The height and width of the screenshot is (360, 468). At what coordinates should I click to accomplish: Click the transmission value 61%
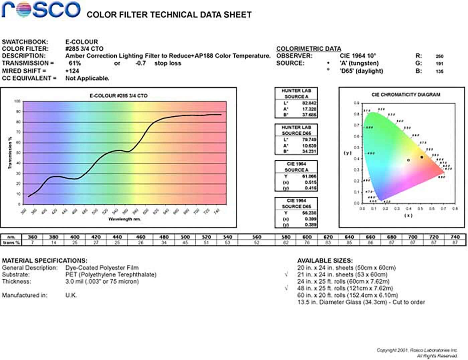(75, 63)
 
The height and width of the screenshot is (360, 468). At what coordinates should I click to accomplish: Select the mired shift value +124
(72, 71)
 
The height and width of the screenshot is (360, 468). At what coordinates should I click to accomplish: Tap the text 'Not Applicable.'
(87, 78)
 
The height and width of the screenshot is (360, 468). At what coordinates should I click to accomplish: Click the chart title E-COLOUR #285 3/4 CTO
(118, 96)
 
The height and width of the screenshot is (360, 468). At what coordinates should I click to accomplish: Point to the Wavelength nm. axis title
(124, 219)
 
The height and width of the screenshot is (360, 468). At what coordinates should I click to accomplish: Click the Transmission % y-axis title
(10, 152)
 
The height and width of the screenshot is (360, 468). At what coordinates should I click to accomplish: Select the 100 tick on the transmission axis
(17, 101)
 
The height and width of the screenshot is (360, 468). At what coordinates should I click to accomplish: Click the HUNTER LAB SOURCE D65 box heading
(296, 130)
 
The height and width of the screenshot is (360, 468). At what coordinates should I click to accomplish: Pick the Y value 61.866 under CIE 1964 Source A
(309, 176)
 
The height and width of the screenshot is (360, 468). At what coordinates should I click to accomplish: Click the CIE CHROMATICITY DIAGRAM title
(406, 95)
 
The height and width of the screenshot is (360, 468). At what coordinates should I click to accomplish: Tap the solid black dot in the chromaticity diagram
(422, 157)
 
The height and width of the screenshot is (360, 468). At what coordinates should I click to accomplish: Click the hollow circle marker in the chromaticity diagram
(408, 160)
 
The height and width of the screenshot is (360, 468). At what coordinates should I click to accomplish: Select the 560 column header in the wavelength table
(256, 237)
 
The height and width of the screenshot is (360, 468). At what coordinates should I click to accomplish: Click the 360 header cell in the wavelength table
(32, 237)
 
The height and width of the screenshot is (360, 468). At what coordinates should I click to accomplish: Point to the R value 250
(439, 56)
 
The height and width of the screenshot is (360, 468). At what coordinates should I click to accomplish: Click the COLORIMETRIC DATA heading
(309, 48)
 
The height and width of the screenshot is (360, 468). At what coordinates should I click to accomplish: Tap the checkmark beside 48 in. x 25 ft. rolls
(286, 288)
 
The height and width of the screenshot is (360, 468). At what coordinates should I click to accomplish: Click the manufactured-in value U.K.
(71, 295)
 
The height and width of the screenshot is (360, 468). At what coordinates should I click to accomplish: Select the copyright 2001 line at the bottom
(417, 350)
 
